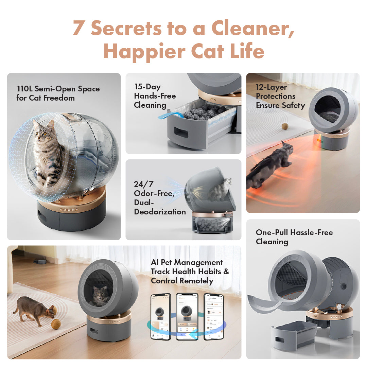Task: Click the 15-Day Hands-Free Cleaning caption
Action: tap(155, 96)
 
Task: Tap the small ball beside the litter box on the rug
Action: tap(285, 126)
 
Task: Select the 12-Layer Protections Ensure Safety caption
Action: tap(280, 96)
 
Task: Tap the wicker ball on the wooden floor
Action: tap(56, 324)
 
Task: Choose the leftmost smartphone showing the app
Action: tap(160, 316)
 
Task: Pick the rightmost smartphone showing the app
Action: tap(214, 316)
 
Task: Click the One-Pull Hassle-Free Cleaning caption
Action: tap(294, 237)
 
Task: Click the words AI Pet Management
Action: tap(187, 263)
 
